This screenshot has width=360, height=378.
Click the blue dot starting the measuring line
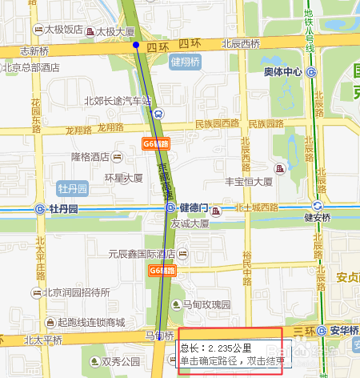pos(136,45)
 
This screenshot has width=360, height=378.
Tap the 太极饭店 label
pos(63,29)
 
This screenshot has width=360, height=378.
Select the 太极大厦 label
pos(114,32)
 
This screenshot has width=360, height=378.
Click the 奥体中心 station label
pos(282,72)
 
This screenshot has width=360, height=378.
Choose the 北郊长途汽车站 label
pos(118,101)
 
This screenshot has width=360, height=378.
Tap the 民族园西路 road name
pos(217,124)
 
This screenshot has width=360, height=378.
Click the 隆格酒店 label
pos(90,157)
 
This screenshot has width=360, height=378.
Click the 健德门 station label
pos(194,207)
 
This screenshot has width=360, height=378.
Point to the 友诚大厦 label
pos(190,224)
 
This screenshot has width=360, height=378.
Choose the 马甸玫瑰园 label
pos(206,305)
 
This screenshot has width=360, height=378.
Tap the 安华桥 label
pos(342,329)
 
